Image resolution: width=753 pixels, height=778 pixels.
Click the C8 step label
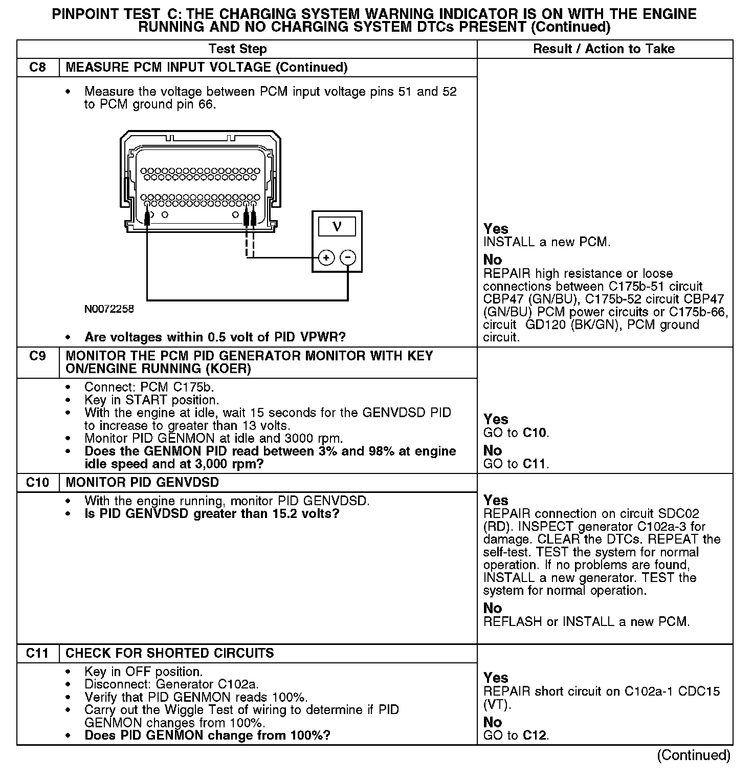point(37,67)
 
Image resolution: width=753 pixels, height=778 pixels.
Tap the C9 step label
point(37,356)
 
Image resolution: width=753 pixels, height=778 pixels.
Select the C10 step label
point(37,482)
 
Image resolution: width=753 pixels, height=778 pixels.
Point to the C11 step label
point(37,653)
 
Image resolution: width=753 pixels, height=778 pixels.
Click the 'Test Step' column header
point(237,49)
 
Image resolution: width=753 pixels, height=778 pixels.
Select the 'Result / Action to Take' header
point(604,49)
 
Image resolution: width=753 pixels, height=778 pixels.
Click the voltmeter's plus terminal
point(326,257)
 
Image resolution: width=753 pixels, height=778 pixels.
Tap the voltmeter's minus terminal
point(348,257)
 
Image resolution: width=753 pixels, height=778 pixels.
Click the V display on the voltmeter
point(337,226)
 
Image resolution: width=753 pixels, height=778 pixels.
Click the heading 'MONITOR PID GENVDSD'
point(142,482)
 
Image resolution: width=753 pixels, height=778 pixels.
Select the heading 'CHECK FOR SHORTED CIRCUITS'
point(170,653)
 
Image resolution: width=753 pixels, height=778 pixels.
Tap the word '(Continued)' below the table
point(694,755)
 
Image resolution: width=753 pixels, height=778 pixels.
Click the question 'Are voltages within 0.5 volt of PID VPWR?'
point(215,337)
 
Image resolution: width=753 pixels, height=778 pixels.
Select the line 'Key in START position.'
point(151,400)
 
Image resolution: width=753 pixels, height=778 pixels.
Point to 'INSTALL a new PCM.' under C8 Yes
point(547,242)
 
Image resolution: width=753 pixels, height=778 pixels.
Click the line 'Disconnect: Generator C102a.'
point(171,684)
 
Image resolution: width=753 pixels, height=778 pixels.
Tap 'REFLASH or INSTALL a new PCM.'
point(586,622)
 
